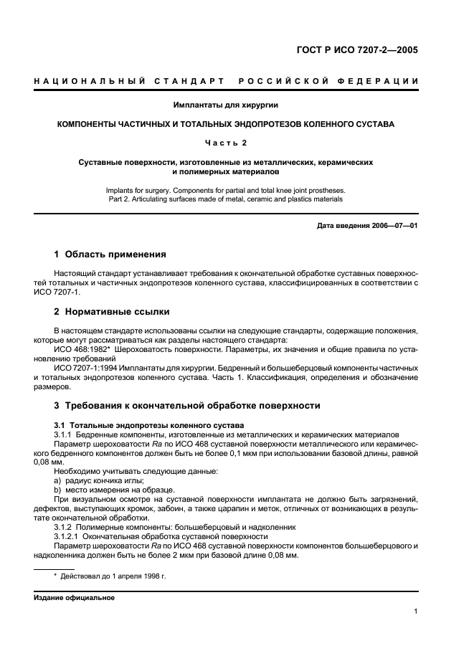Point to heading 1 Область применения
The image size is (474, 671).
[110, 254]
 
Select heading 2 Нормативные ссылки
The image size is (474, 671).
[112, 312]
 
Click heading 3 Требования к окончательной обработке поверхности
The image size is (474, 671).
[187, 405]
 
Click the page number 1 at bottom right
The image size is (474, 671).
[415, 611]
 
